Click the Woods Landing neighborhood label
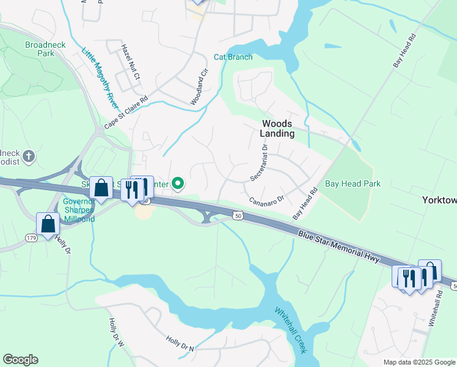[x=277, y=128]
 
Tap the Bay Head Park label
[x=353, y=183]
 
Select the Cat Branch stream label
[x=233, y=57]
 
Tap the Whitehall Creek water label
[x=290, y=329]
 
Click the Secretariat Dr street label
[x=258, y=163]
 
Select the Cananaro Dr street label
[x=267, y=200]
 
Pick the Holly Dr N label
[x=180, y=343]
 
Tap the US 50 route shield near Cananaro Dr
[x=238, y=215]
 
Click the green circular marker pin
[x=178, y=183]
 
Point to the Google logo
[x=20, y=360]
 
